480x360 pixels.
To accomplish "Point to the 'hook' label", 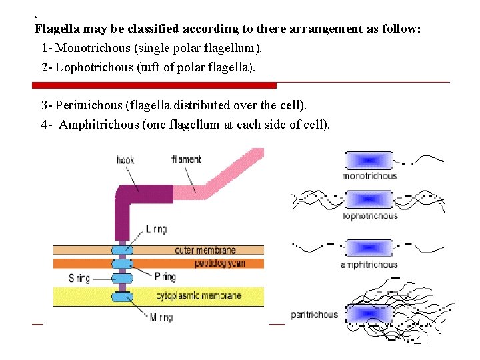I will coord(125,160).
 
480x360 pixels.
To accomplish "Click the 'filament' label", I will coord(186,160).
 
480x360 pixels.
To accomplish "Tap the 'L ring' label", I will coord(156,229).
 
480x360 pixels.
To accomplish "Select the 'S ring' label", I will coord(79,278).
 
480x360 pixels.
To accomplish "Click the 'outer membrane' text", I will coord(205,251).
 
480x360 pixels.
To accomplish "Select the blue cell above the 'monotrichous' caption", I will coord(368,160).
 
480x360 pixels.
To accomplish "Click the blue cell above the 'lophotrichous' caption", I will coord(368,199).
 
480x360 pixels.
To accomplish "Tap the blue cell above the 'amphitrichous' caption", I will coord(368,248).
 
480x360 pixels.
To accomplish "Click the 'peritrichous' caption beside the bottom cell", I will coord(314,315).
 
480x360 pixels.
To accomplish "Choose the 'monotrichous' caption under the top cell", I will coord(369,176).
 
